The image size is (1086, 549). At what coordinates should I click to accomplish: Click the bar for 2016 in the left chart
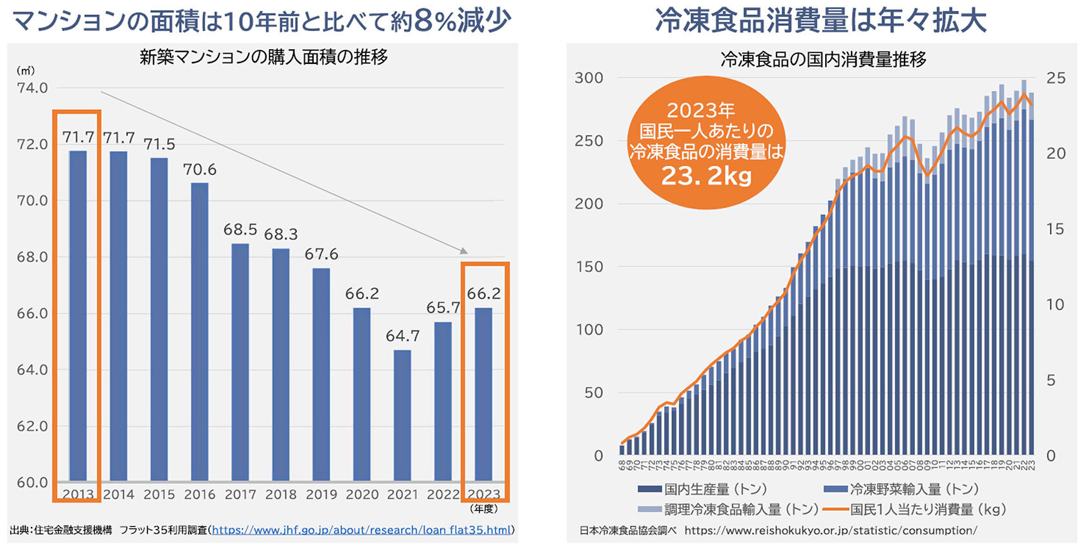(200, 332)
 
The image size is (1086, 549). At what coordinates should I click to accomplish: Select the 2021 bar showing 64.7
(402, 416)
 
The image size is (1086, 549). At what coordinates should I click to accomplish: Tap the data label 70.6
(200, 170)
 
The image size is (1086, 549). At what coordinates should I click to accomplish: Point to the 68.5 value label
(240, 230)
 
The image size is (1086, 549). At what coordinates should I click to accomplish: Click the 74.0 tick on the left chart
(32, 88)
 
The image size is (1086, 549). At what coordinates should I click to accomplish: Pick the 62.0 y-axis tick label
(32, 426)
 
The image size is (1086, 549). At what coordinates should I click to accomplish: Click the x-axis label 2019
(321, 495)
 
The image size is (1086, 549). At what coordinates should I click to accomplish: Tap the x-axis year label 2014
(118, 495)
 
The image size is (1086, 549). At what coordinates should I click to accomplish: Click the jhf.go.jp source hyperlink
(362, 530)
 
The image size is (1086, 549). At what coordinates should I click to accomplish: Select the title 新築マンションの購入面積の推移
(264, 57)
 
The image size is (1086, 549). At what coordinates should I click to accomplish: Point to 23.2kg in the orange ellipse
(706, 176)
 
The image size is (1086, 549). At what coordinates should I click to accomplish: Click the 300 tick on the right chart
(589, 78)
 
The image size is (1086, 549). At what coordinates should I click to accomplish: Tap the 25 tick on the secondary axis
(1056, 78)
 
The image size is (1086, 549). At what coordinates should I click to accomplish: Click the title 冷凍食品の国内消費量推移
(823, 60)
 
